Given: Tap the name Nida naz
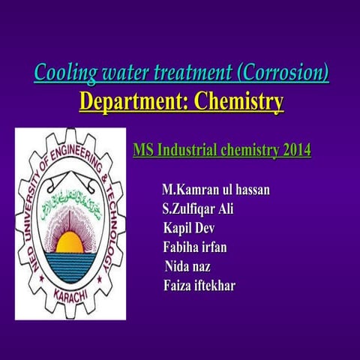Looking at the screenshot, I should pos(187,265).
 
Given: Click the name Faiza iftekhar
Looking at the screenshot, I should pos(199,284).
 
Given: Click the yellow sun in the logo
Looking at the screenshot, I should pos(70,241).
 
